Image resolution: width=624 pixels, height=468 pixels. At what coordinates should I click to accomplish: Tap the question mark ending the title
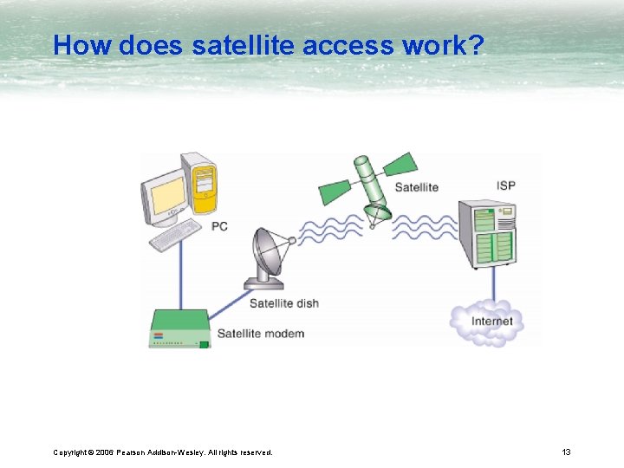(x=475, y=45)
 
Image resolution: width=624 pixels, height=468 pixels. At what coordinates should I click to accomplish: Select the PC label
(x=219, y=226)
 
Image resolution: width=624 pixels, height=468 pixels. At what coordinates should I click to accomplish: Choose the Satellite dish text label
(x=283, y=303)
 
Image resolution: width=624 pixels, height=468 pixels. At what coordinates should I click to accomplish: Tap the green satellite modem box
(x=179, y=329)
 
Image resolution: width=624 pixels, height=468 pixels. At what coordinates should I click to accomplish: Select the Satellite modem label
(x=260, y=334)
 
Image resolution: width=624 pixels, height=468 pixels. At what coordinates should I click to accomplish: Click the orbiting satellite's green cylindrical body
(x=370, y=186)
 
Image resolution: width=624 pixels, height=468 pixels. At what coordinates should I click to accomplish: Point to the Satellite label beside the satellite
(x=416, y=187)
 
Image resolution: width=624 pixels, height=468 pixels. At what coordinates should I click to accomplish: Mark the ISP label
(x=506, y=185)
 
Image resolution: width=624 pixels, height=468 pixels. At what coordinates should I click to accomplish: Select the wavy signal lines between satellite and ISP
(x=425, y=228)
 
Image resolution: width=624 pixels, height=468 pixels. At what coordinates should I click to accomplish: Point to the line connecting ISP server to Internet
(x=493, y=284)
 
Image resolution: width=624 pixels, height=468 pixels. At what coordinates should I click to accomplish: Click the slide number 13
(x=566, y=452)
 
